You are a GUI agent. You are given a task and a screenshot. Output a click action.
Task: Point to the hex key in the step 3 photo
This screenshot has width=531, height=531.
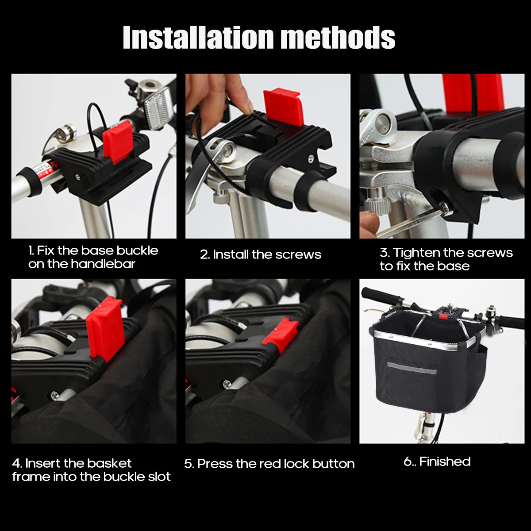click(413, 220)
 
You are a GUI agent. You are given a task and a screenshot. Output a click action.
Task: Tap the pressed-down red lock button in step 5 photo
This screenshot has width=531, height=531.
click(281, 333)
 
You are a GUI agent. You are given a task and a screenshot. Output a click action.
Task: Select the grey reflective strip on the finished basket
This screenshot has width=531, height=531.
click(412, 368)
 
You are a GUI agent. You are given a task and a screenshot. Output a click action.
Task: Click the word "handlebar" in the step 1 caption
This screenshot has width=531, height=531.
click(103, 264)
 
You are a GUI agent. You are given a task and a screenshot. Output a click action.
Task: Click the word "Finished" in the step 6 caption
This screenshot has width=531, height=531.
click(445, 462)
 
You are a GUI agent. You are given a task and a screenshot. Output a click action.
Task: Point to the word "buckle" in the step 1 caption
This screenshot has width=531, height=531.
click(137, 250)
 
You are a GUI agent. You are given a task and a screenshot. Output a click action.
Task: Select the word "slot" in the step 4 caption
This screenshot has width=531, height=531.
click(159, 477)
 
